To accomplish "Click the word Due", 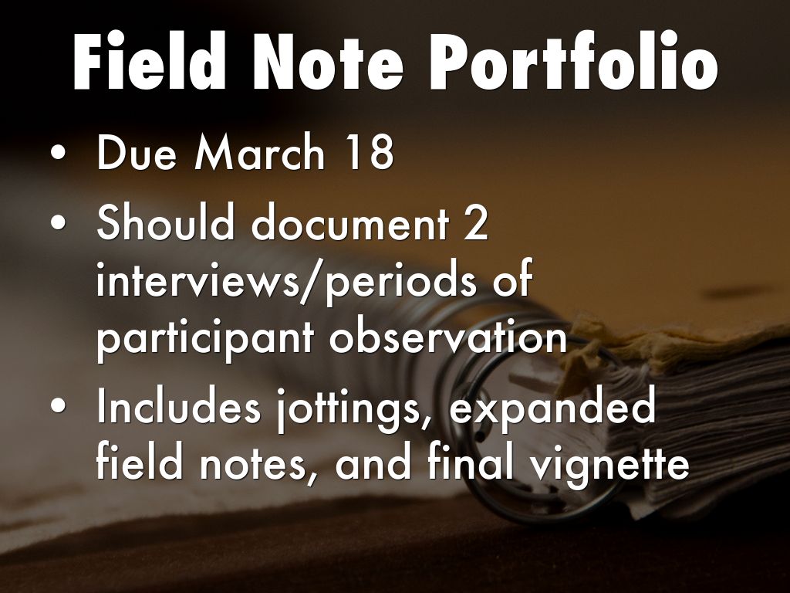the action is pyautogui.click(x=137, y=152).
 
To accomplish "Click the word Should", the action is pyautogui.click(x=166, y=221).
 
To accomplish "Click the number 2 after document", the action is pyautogui.click(x=475, y=222).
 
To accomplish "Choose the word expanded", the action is pyautogui.click(x=552, y=408).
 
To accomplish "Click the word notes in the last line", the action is pyautogui.click(x=253, y=464).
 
